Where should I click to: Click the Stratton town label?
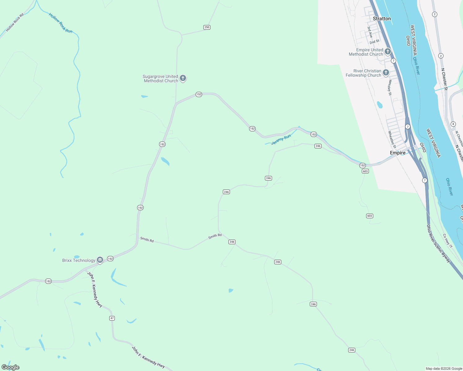(x=382, y=19)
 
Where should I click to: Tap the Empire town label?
(x=397, y=153)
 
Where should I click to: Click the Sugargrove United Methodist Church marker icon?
(x=183, y=78)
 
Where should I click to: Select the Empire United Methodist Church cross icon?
(x=387, y=51)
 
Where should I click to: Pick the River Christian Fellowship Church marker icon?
(x=386, y=72)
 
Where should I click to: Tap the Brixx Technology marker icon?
(x=100, y=260)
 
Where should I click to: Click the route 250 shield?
(x=207, y=27)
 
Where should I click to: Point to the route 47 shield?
(x=112, y=318)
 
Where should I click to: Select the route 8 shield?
(x=453, y=124)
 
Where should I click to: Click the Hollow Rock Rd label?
(x=15, y=23)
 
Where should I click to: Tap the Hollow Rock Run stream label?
(x=61, y=23)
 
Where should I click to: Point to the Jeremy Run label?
(x=281, y=139)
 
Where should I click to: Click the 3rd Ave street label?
(x=370, y=32)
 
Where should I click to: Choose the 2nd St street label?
(x=374, y=42)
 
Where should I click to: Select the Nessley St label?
(x=390, y=87)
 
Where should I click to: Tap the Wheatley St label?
(x=392, y=138)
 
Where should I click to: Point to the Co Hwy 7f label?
(x=448, y=241)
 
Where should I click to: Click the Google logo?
(x=11, y=367)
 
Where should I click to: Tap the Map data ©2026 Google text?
(x=444, y=369)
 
